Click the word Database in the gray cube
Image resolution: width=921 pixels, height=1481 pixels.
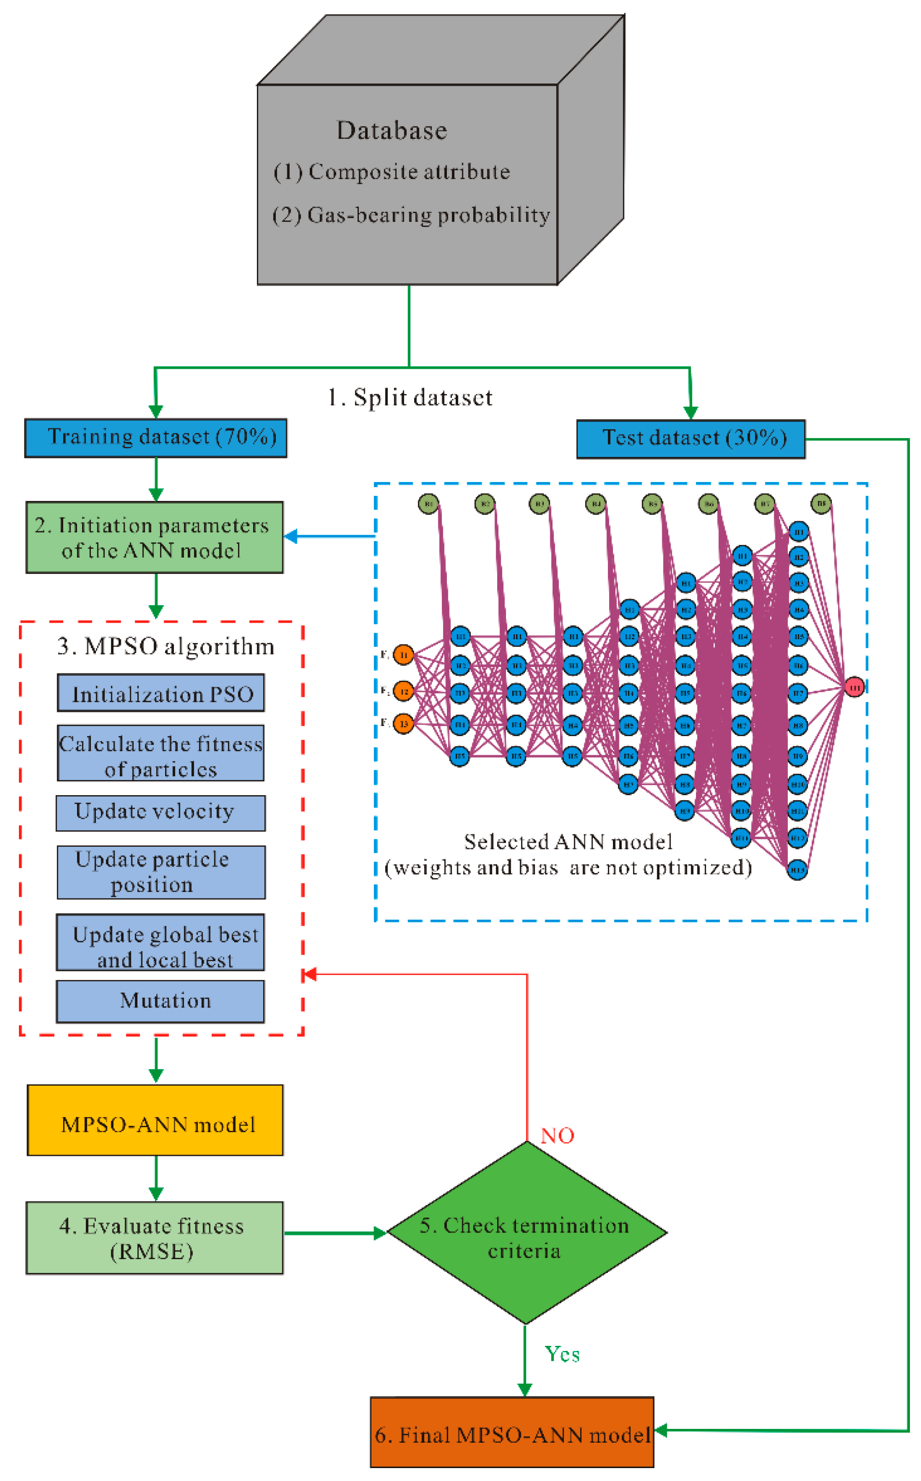point(392,131)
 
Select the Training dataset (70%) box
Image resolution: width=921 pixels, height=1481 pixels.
point(155,437)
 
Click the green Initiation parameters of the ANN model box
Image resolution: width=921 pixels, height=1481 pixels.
point(154,537)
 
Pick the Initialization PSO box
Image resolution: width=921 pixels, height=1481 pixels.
point(161,693)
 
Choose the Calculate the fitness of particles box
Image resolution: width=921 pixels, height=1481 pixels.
point(161,753)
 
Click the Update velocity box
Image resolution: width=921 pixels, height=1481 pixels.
point(161,813)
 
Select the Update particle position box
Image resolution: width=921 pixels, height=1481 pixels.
point(161,872)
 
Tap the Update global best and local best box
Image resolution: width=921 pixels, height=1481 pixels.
point(161,942)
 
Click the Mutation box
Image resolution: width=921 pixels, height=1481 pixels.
point(161,1001)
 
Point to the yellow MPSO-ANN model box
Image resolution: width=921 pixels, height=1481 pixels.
point(155,1120)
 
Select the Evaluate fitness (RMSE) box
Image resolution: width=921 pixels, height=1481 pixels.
point(154,1237)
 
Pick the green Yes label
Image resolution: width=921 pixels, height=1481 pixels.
point(562,1354)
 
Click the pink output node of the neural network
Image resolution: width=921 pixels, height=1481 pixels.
point(854,687)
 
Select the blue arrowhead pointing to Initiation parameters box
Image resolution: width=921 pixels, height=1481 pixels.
point(291,536)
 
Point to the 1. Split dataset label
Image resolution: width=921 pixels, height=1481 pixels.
point(410,398)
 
